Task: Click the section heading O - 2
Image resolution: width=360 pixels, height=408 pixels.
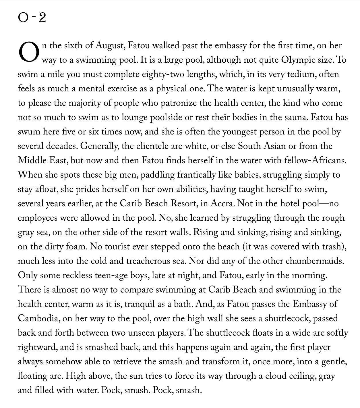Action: point(32,18)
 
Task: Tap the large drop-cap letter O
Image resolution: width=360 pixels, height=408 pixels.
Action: point(28,53)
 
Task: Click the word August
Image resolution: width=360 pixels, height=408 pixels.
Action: point(109,45)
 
